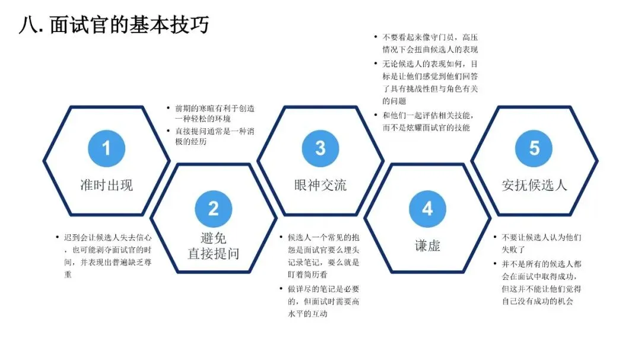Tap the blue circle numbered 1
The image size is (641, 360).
tap(106, 147)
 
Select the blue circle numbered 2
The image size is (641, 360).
tap(213, 208)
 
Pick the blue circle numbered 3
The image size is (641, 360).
tap(320, 147)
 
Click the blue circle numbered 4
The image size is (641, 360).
tap(427, 208)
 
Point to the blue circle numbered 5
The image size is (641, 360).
tap(534, 147)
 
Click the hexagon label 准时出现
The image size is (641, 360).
tap(106, 184)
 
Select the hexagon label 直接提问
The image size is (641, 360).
tap(213, 254)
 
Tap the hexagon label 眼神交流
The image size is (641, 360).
tap(320, 184)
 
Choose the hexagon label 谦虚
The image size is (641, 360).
tap(427, 246)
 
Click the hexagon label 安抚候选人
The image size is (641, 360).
tap(534, 184)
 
